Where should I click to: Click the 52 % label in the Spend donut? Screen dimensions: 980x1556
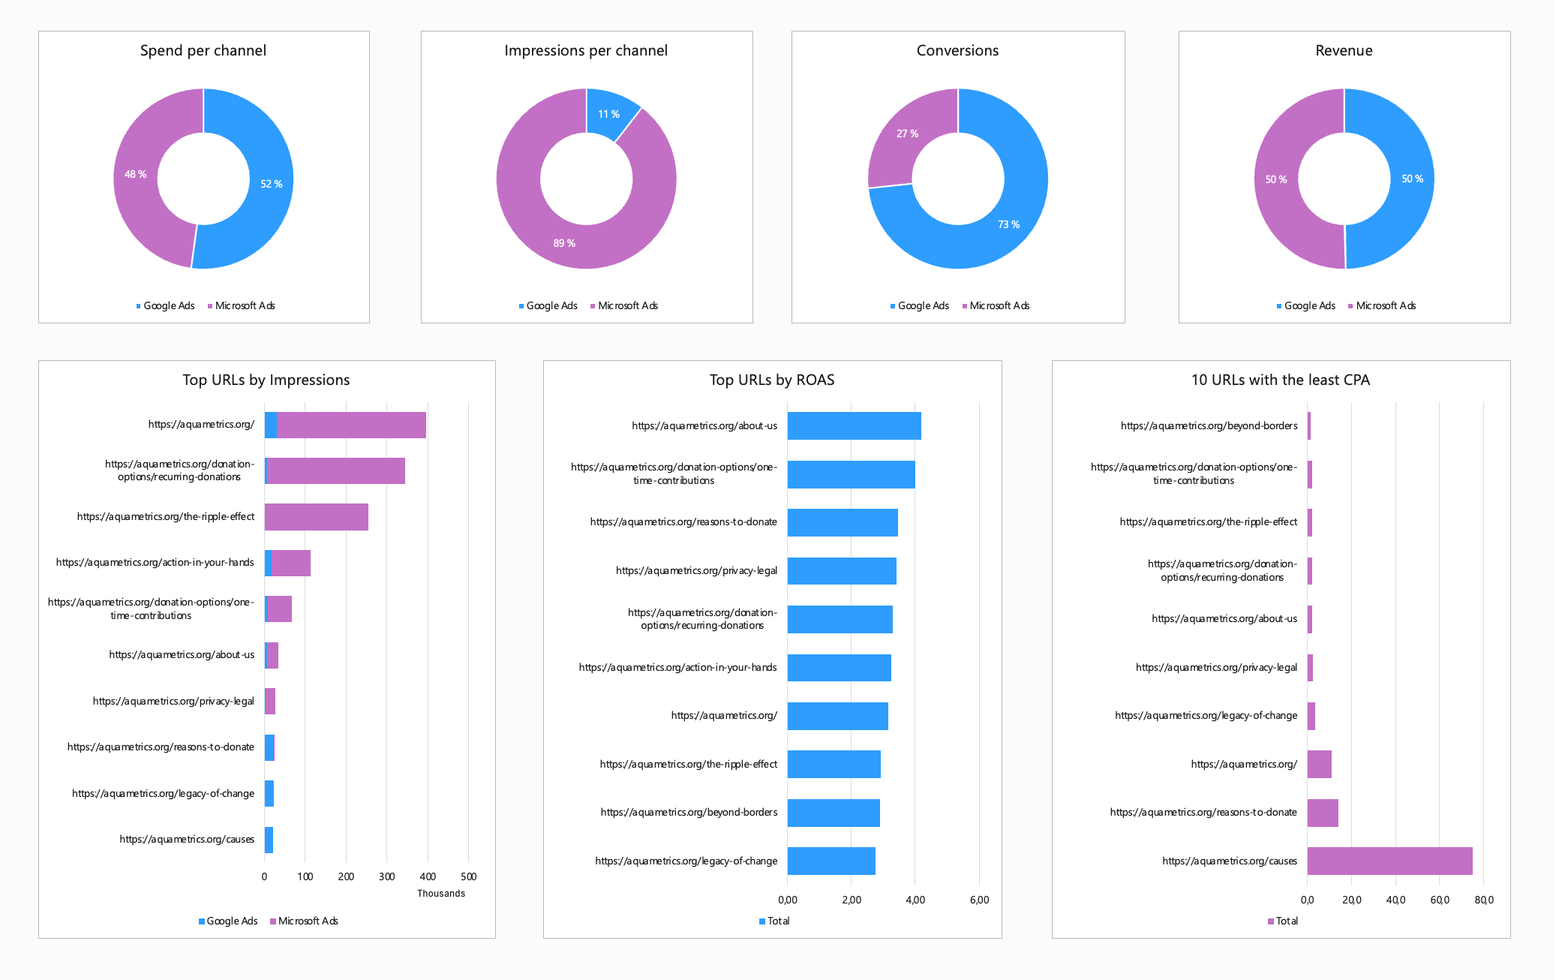271,184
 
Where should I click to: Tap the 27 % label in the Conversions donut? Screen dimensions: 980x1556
907,134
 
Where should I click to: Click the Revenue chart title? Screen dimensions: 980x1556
1344,50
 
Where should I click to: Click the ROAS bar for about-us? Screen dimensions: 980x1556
854,425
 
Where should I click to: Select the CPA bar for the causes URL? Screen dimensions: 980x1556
1389,861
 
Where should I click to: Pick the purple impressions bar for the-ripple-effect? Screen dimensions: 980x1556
316,517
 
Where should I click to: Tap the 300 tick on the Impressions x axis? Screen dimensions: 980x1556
386,876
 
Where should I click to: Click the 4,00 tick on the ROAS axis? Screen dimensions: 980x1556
915,900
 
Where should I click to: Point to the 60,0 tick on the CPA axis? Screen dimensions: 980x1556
1440,900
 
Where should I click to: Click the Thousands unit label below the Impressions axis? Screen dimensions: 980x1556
441,893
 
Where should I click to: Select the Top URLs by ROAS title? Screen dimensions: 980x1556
772,380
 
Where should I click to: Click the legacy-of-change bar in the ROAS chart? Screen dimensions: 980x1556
831,861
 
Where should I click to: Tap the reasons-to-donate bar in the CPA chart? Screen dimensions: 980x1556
1323,813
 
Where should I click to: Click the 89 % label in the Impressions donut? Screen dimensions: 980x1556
564,243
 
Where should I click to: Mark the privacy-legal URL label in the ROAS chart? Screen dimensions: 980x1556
696,570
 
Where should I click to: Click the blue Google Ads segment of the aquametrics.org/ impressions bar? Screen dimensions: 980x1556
271,425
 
